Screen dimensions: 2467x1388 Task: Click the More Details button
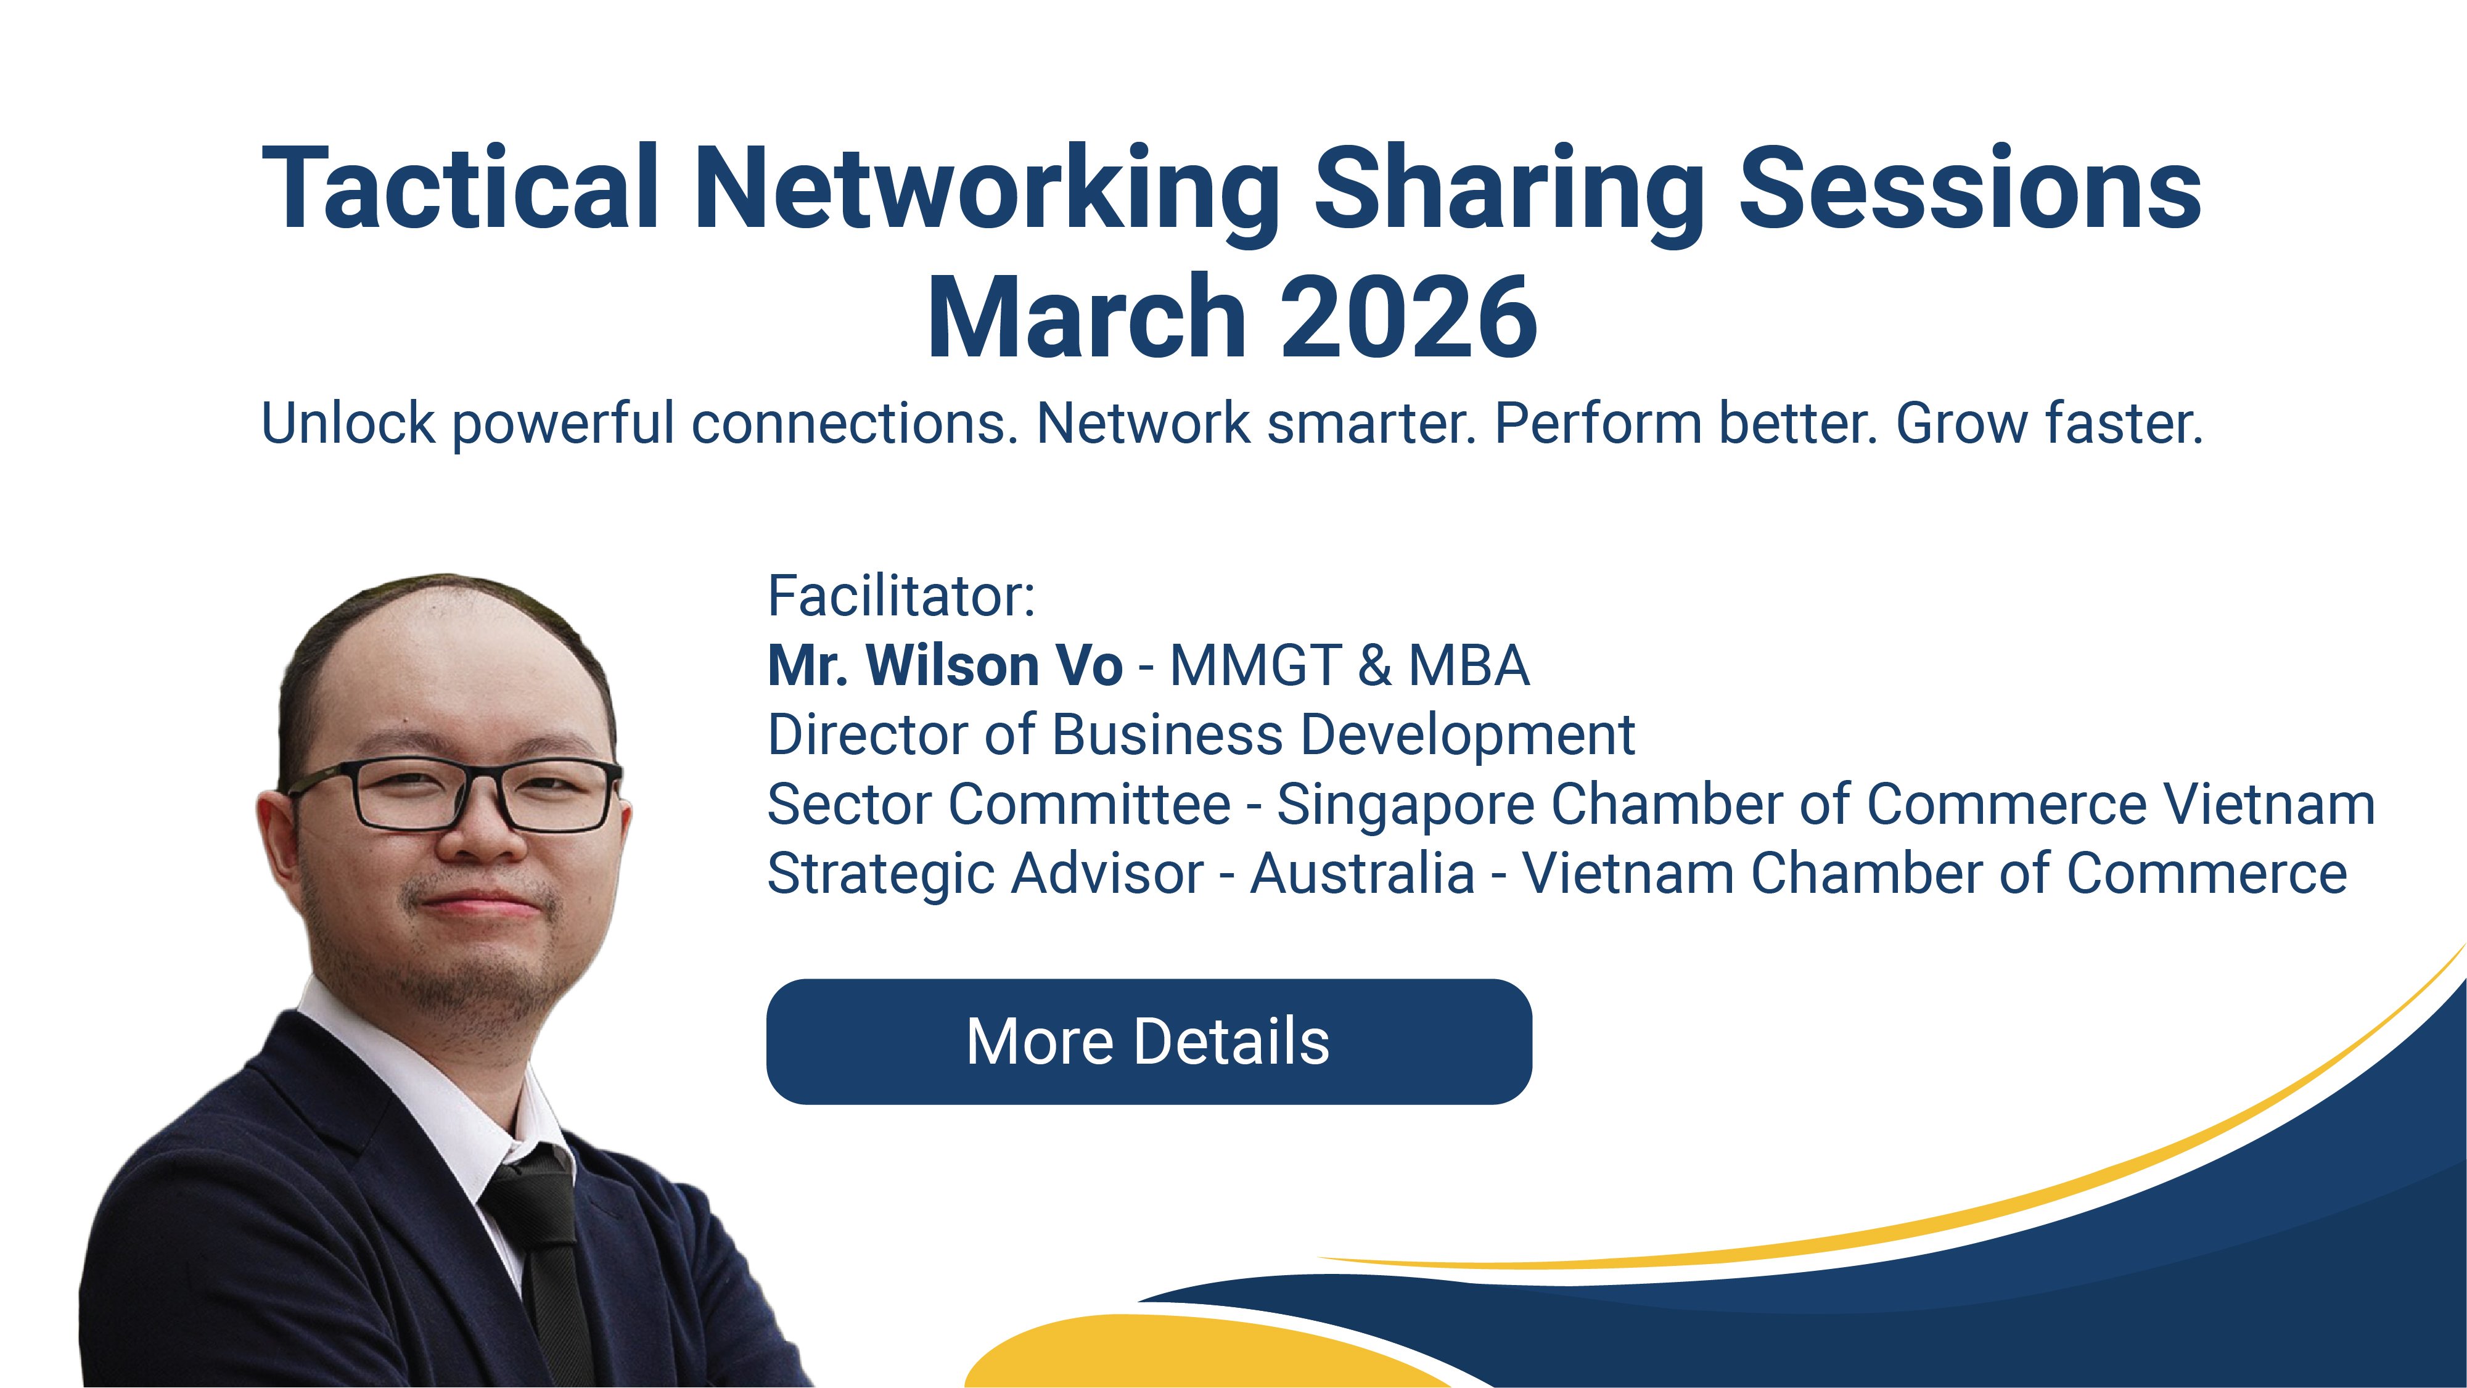point(1148,1041)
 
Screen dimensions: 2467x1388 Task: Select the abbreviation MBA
point(1468,666)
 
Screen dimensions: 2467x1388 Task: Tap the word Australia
point(1363,874)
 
